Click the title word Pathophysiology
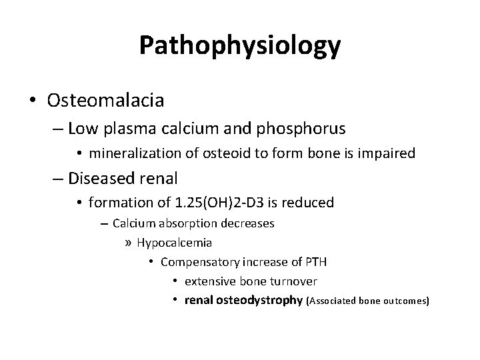click(x=240, y=45)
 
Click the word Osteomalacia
click(x=106, y=101)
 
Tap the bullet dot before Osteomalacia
click(x=33, y=101)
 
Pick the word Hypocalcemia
click(x=174, y=242)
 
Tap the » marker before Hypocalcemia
click(x=129, y=243)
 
